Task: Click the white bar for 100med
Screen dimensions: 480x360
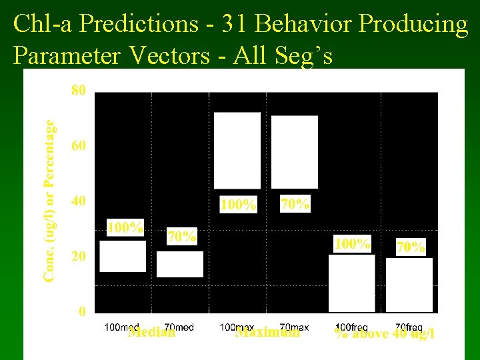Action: point(123,256)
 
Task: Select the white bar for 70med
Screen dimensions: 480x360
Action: point(180,264)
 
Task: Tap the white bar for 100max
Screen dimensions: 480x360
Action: point(237,151)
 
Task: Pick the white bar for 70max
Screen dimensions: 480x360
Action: point(295,152)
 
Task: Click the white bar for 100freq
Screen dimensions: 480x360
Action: point(352,283)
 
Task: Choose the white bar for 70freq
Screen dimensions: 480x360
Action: point(409,285)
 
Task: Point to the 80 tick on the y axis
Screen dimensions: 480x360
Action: point(78,90)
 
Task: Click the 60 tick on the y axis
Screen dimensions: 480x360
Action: point(78,145)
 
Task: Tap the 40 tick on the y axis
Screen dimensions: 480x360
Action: point(78,201)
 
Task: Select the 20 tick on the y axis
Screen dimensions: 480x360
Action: point(78,256)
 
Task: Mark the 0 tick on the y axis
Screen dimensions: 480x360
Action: point(81,311)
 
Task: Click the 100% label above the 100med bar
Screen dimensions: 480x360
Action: point(125,228)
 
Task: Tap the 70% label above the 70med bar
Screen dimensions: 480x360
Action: point(181,237)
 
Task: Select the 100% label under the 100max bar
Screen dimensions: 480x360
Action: point(239,205)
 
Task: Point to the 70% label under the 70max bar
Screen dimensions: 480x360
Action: point(295,203)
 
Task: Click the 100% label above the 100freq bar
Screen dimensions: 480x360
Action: point(352,244)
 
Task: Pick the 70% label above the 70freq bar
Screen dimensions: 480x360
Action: point(410,247)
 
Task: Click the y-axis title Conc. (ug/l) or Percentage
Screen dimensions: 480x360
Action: point(50,200)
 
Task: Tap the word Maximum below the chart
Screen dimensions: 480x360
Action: point(267,332)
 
